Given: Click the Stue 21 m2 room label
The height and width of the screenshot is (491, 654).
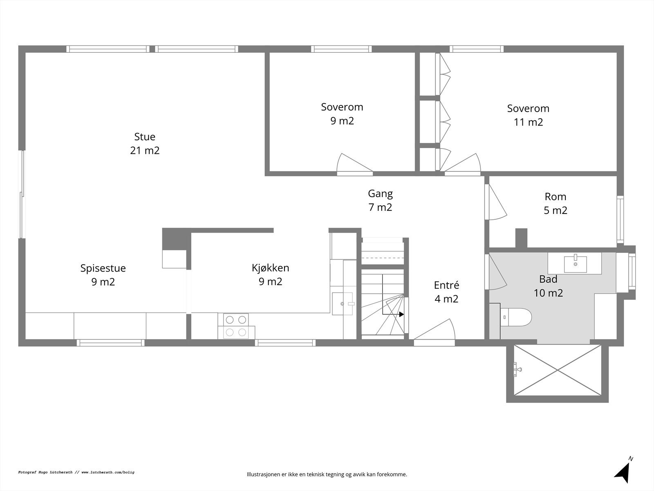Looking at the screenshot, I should (145, 143).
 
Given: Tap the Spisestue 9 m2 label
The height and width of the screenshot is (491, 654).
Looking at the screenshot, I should (103, 275).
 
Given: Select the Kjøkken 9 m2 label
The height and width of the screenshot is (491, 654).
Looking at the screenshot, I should (270, 275).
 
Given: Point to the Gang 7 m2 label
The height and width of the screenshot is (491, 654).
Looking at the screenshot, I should (380, 200).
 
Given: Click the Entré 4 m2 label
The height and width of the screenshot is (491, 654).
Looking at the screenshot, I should (446, 292).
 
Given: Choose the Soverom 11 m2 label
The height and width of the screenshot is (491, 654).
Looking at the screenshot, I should (528, 115).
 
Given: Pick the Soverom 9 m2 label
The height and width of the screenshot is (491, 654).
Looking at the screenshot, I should (342, 114).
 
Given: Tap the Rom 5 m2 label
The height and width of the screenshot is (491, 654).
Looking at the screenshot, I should (555, 203).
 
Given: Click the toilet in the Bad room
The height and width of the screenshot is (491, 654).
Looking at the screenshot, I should (516, 317).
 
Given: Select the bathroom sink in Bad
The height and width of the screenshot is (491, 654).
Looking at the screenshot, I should (575, 264).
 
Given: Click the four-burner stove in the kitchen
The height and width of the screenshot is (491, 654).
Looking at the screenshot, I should (236, 326).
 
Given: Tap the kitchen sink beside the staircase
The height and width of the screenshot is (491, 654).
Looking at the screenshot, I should (343, 304).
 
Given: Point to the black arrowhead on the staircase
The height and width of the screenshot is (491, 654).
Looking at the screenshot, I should (401, 314).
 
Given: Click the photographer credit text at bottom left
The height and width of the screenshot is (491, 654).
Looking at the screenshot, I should (76, 472).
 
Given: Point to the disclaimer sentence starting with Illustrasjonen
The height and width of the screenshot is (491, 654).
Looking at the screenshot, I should (327, 475).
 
